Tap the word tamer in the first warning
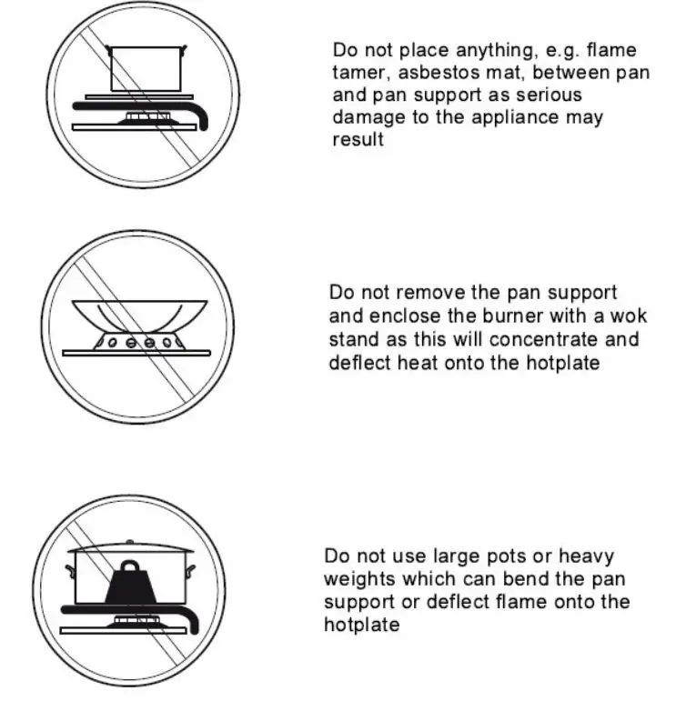pos(359,73)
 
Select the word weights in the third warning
pos(358,579)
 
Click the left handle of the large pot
pos(69,570)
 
